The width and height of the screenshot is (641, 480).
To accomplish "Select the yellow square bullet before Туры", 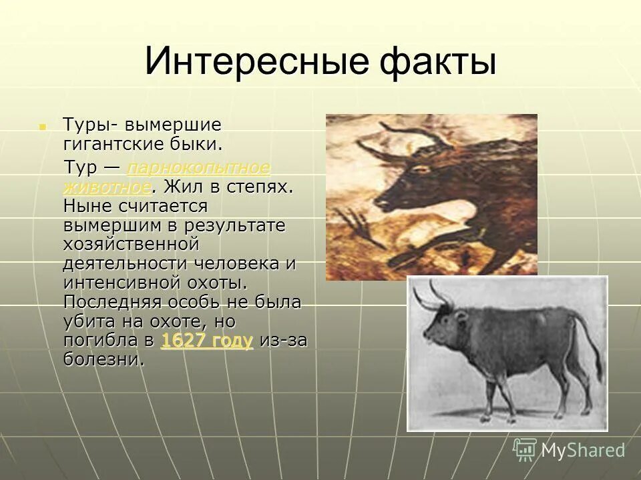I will tap(43, 125).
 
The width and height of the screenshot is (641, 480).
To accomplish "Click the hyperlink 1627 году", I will tap(207, 341).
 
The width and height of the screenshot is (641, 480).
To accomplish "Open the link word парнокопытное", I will tap(198, 167).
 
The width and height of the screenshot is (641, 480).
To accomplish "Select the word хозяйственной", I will tap(132, 244).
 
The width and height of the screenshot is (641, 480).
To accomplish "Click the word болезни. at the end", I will tap(103, 360).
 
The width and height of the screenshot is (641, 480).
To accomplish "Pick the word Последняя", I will tap(112, 302).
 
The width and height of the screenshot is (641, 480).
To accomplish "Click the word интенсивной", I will tap(131, 283).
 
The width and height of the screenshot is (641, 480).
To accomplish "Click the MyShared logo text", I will tap(583, 451).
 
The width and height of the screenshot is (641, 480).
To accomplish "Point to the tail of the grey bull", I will tap(591, 347).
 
